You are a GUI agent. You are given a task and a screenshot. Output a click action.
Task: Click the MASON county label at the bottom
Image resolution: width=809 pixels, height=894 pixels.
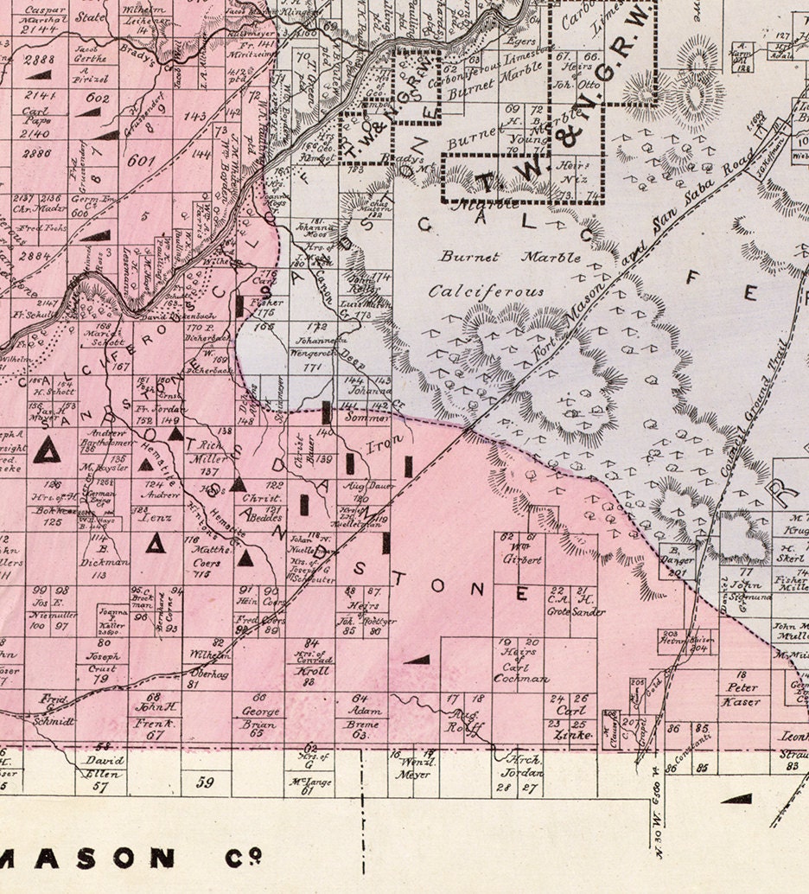(x=130, y=858)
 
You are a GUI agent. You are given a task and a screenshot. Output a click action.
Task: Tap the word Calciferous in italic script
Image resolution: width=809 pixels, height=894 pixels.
(x=487, y=291)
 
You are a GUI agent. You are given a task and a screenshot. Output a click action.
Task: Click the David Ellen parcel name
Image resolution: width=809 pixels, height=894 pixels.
(x=103, y=768)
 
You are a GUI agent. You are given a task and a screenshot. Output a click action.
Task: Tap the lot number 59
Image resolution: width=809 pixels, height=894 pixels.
(x=205, y=783)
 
